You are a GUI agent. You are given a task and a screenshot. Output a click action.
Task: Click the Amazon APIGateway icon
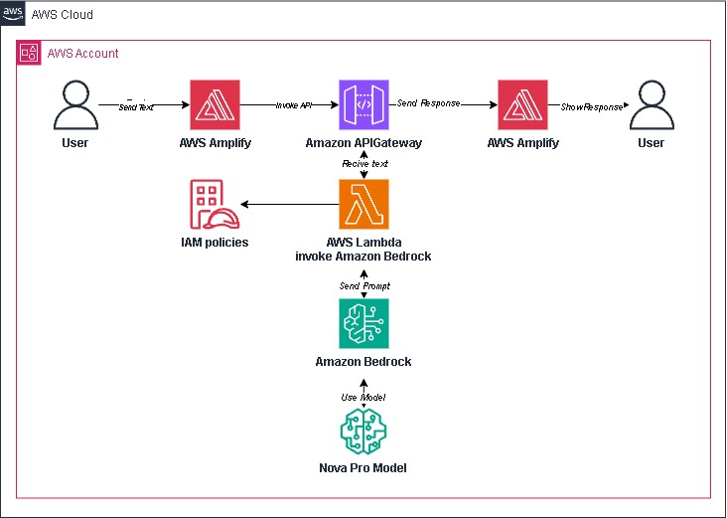click(x=363, y=105)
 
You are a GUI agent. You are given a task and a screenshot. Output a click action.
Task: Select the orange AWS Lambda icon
click(x=363, y=205)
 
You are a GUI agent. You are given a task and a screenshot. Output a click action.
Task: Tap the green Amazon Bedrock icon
click(x=363, y=324)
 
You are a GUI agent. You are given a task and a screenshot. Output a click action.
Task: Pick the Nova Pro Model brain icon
click(x=363, y=432)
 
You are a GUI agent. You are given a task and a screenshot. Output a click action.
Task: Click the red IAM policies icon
click(x=208, y=205)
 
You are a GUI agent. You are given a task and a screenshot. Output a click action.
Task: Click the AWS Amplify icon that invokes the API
click(x=216, y=105)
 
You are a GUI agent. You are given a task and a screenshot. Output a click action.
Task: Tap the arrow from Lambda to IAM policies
click(x=287, y=205)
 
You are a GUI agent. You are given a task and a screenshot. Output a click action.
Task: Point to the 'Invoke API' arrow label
click(x=292, y=104)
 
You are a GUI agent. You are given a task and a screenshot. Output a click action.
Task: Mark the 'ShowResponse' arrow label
click(x=592, y=104)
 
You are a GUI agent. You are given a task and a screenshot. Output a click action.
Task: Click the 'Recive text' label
click(x=363, y=162)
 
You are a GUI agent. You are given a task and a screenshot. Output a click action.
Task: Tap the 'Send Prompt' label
click(x=363, y=286)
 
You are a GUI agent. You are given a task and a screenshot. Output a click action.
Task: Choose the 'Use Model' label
click(x=363, y=397)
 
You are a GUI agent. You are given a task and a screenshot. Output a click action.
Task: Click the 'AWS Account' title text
click(x=82, y=53)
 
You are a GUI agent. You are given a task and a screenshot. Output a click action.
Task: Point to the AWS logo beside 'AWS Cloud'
click(x=14, y=14)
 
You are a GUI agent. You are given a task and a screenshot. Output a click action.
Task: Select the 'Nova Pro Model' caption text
click(x=363, y=468)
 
